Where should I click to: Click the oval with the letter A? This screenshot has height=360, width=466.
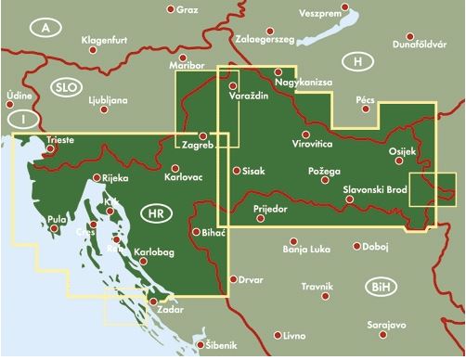pos(44,29)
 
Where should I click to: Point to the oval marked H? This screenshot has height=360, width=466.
pos(356,61)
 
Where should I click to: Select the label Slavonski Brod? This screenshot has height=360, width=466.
pos(375,190)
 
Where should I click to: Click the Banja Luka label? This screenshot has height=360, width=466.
pos(306,249)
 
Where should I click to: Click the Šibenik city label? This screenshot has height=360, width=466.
pos(217,346)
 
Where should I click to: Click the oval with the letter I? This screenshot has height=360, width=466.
pos(19,119)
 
